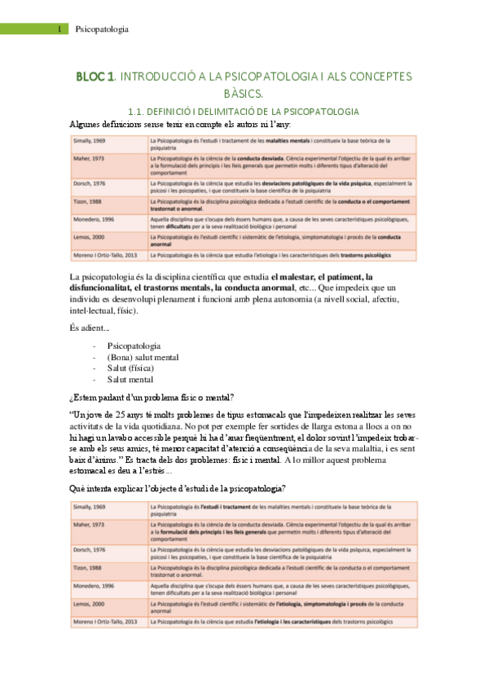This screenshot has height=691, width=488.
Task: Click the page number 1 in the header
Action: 61,29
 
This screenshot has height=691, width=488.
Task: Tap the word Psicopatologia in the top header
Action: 102,29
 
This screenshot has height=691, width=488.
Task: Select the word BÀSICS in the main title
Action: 244,94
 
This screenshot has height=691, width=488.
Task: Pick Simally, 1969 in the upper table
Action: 91,141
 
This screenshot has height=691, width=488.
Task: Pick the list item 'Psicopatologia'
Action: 134,345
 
